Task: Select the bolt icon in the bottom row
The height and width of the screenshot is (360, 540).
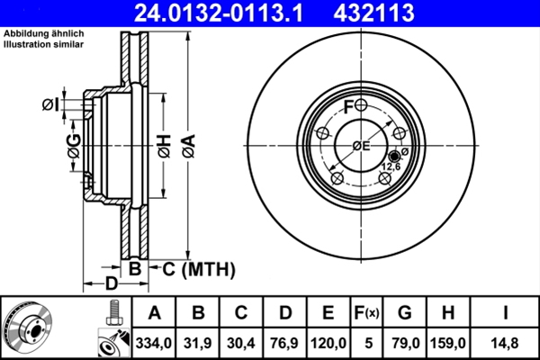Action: click(112, 311)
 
